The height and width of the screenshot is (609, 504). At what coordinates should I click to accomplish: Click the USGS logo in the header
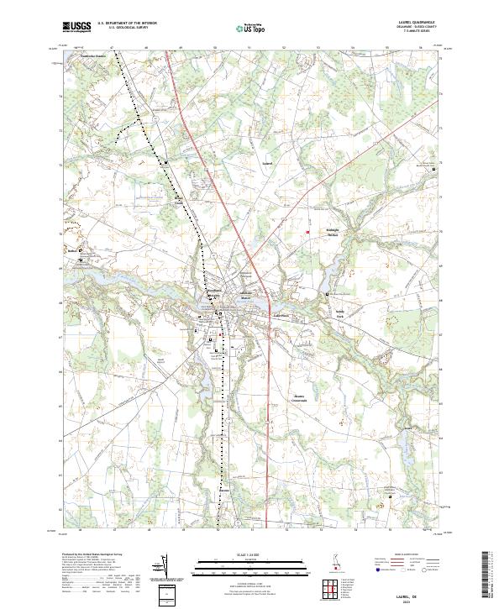pos(76,26)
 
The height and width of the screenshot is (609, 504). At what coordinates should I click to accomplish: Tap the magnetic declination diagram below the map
pos(162,568)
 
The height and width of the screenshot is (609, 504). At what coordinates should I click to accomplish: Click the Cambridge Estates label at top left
pos(95,57)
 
